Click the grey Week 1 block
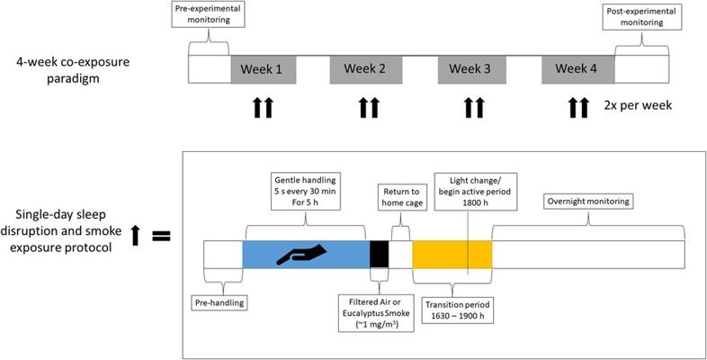click(264, 70)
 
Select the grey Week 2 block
click(365, 70)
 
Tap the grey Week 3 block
click(471, 70)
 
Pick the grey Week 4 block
click(578, 70)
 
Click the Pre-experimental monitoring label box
click(208, 14)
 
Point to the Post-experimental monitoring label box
click(641, 17)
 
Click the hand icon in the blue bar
click(301, 254)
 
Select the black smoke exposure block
click(380, 254)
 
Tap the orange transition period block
click(452, 254)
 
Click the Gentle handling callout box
click(306, 191)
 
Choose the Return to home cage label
click(402, 198)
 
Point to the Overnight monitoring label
click(588, 202)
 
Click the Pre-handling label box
click(220, 302)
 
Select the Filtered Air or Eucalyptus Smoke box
click(376, 312)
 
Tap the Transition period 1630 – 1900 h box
click(457, 310)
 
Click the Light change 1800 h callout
click(469, 192)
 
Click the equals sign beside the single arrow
click(161, 237)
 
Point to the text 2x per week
click(638, 105)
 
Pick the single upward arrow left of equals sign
click(135, 236)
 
